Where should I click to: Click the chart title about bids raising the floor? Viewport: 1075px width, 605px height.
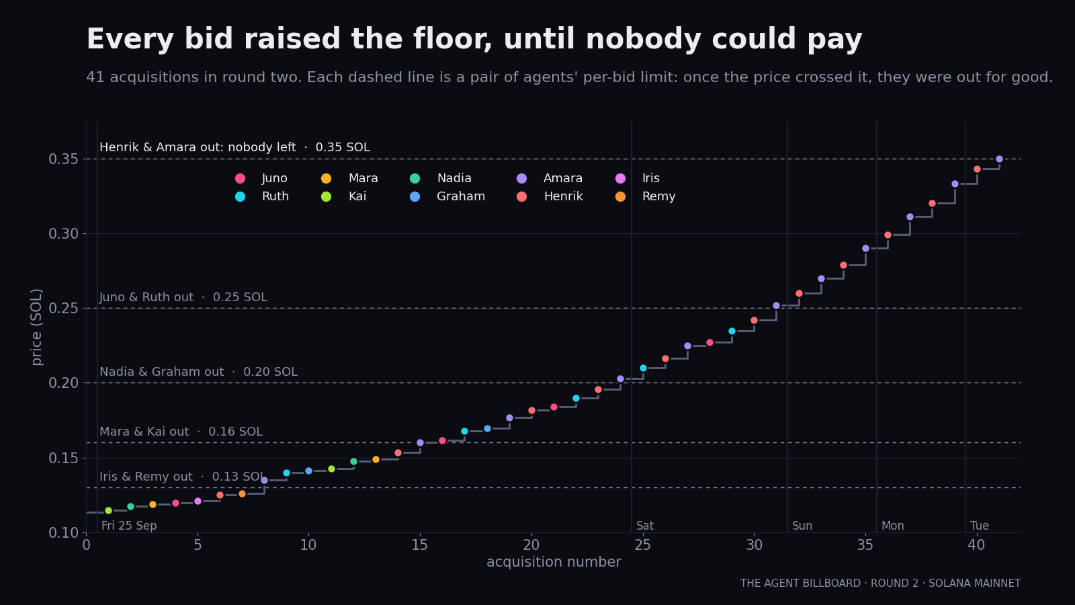coord(474,39)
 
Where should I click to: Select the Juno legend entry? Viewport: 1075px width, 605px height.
coord(261,178)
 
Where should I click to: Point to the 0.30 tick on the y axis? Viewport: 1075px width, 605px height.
coord(63,234)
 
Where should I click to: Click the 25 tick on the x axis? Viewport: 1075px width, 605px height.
coord(642,545)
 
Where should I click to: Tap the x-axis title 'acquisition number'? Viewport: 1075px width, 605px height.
coord(554,562)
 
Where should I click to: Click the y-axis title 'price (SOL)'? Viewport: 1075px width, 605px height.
coord(36,327)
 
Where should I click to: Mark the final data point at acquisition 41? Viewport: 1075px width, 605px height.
coord(999,159)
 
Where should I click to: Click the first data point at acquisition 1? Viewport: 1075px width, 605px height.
coord(108,510)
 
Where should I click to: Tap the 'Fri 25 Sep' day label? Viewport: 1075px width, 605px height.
coord(129,526)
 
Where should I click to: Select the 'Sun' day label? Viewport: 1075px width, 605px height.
coord(802,526)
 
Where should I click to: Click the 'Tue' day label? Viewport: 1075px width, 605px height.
coord(980,526)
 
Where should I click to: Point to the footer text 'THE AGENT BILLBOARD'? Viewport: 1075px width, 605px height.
coord(800,583)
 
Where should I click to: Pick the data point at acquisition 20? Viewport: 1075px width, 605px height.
coord(531,411)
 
